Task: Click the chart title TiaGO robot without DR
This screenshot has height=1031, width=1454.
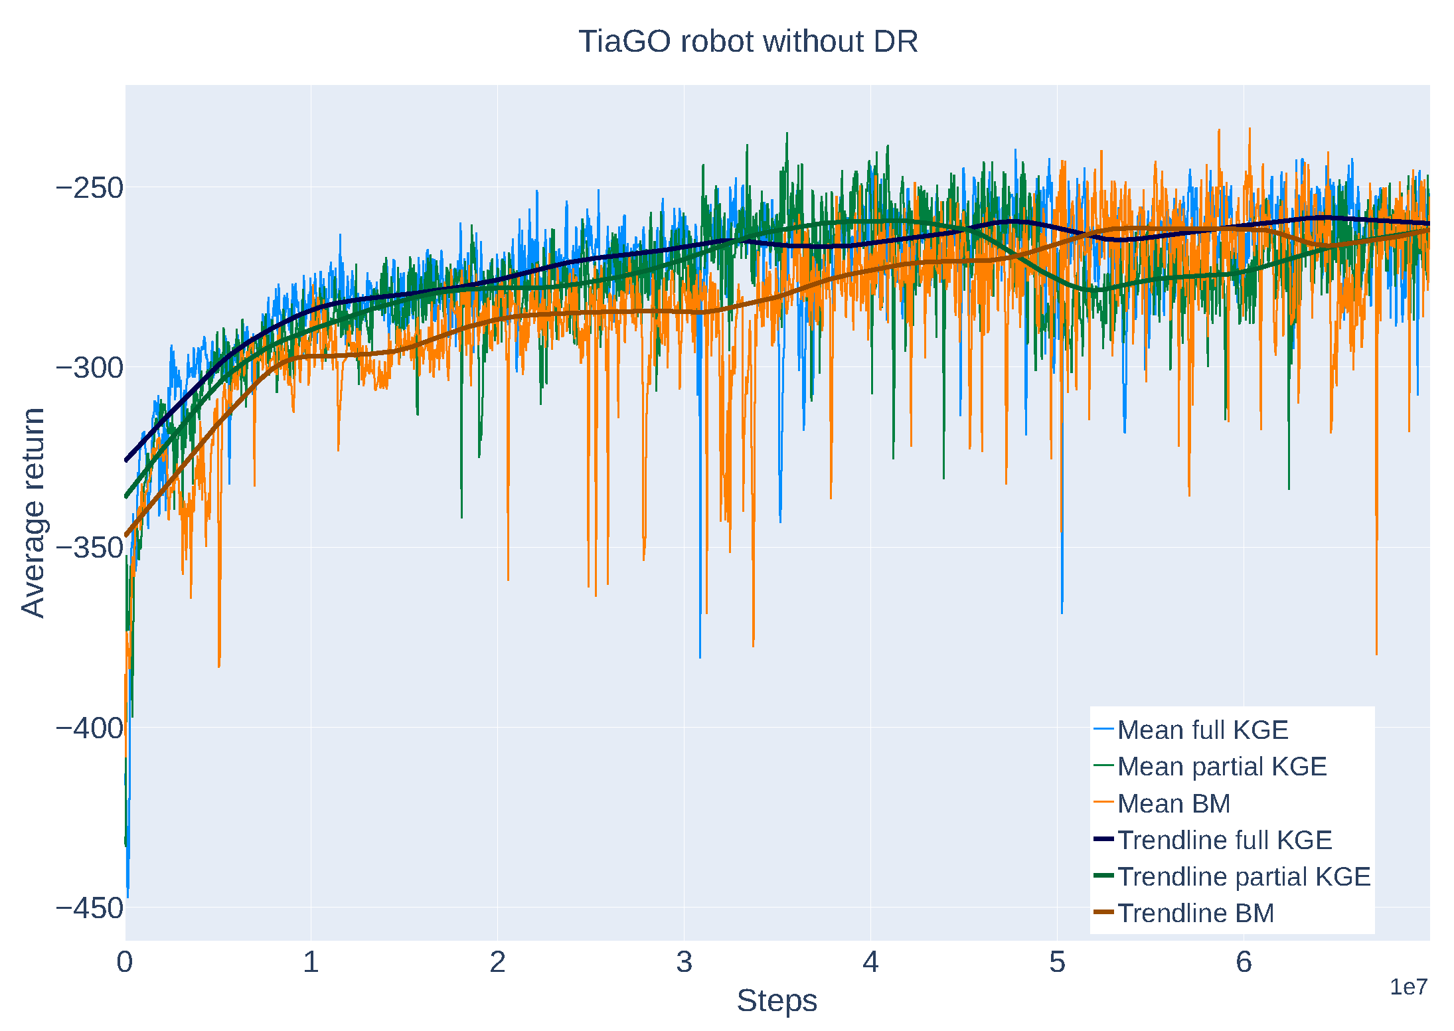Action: click(748, 41)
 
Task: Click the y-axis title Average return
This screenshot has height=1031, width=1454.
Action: click(33, 513)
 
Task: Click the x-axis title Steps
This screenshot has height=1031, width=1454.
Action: click(776, 1000)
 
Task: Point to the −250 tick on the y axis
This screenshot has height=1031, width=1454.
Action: click(90, 188)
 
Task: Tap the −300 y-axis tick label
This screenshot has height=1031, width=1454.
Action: click(90, 368)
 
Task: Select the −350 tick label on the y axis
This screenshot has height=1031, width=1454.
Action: click(90, 548)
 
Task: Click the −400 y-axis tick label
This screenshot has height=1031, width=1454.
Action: click(90, 728)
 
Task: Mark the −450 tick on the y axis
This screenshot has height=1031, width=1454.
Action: click(90, 908)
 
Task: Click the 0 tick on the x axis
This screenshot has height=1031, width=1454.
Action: click(125, 962)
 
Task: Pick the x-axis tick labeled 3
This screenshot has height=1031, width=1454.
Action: click(684, 962)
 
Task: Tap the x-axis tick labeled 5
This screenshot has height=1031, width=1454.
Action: click(1057, 962)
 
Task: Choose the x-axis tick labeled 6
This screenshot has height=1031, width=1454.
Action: click(1244, 962)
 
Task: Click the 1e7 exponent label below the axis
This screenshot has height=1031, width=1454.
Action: click(1408, 987)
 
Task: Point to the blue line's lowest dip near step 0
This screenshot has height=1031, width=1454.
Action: click(127, 896)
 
